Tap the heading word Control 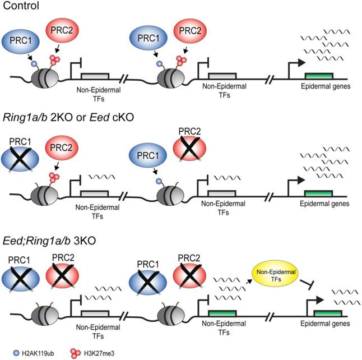point(21,5)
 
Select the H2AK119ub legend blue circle point(16,353)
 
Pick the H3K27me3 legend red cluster point(76,353)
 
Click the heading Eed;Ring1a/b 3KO point(49,241)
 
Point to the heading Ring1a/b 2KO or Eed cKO point(68,118)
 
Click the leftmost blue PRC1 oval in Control point(21,41)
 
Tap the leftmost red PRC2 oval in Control point(62,30)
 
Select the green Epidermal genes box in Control point(319,76)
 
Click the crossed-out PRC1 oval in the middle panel point(20,159)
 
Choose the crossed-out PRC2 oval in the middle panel point(189,148)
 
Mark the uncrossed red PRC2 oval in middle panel point(62,147)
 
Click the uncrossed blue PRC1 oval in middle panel point(148,155)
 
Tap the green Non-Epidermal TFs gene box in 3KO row point(222,313)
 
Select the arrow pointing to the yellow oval point(249,281)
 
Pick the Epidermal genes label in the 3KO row point(325,324)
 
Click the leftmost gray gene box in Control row point(95,76)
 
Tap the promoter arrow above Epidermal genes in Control point(296,67)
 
